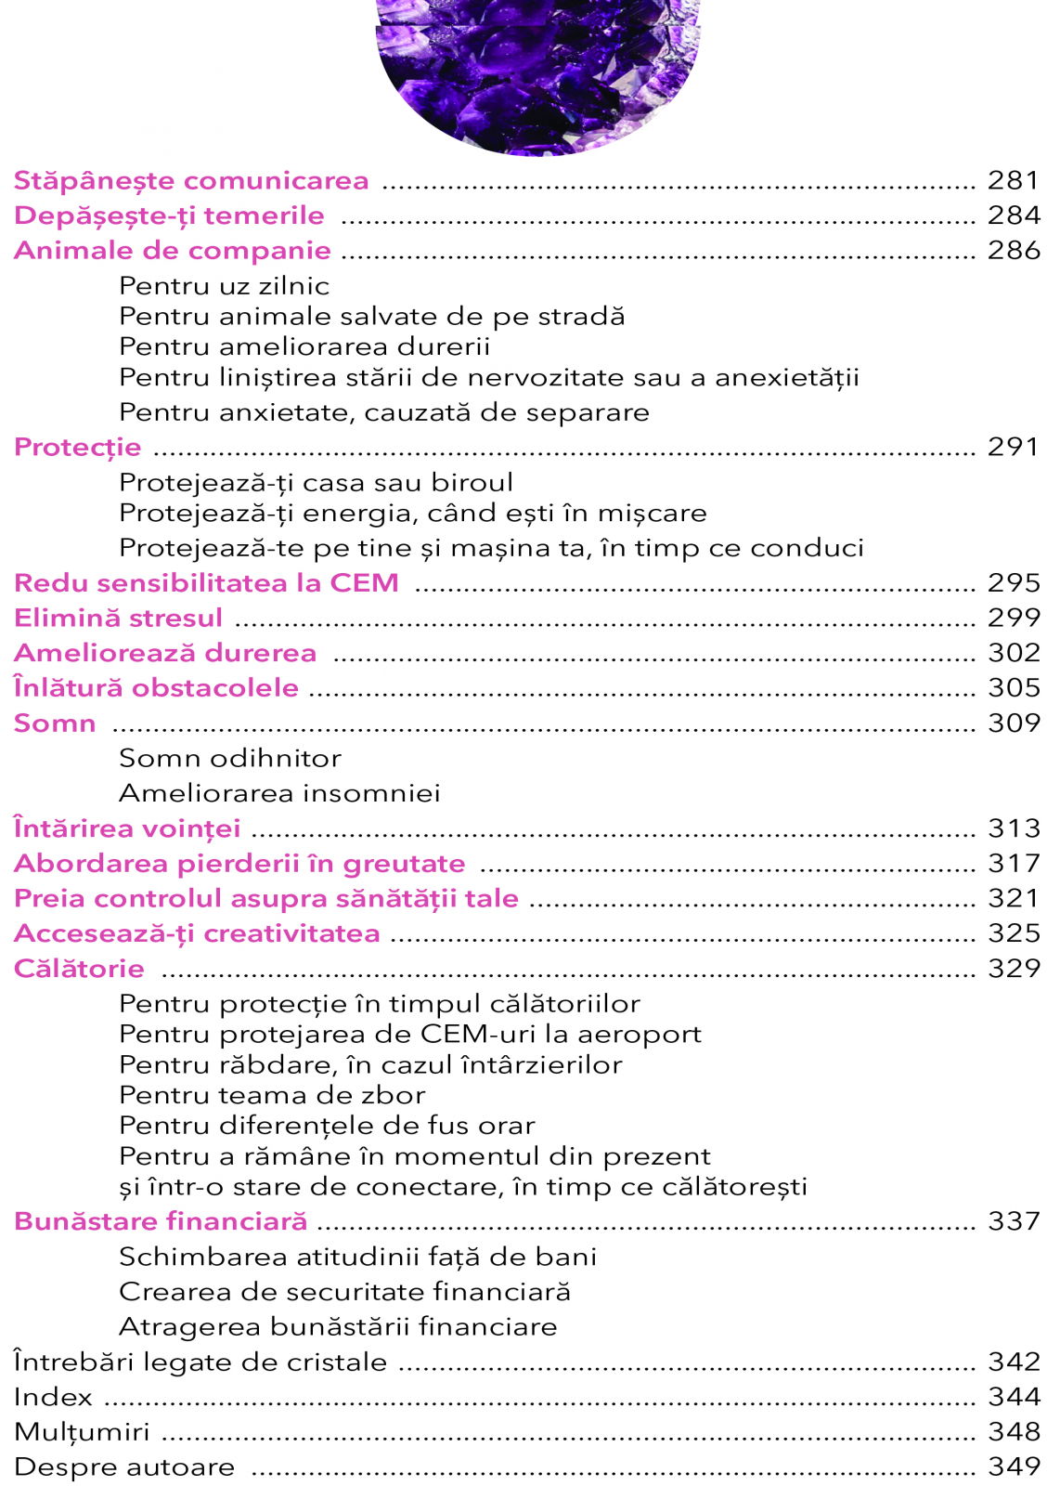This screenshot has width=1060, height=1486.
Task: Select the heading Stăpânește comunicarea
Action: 191,180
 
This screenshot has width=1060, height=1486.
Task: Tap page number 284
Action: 1014,215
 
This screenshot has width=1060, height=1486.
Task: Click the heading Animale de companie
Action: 173,251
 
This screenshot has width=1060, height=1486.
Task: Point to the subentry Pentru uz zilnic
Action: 224,285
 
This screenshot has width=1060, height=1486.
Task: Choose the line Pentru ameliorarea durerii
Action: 304,346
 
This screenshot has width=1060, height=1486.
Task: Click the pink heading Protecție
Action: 78,448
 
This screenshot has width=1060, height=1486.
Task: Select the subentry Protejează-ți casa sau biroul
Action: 316,483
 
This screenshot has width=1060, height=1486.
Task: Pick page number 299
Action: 1014,618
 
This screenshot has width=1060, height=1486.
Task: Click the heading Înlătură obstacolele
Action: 156,688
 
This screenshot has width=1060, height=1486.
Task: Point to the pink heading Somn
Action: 55,723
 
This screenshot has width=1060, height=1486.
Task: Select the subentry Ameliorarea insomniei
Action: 279,793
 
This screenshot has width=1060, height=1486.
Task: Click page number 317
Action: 1014,864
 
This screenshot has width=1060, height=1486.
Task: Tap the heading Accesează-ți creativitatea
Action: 197,933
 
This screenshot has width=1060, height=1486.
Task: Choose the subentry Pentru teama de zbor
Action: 272,1095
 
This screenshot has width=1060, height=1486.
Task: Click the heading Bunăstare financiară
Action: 161,1221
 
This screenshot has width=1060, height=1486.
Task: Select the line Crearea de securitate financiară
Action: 344,1292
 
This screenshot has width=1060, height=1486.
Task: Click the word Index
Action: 53,1397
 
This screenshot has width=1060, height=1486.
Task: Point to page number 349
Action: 1014,1466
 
